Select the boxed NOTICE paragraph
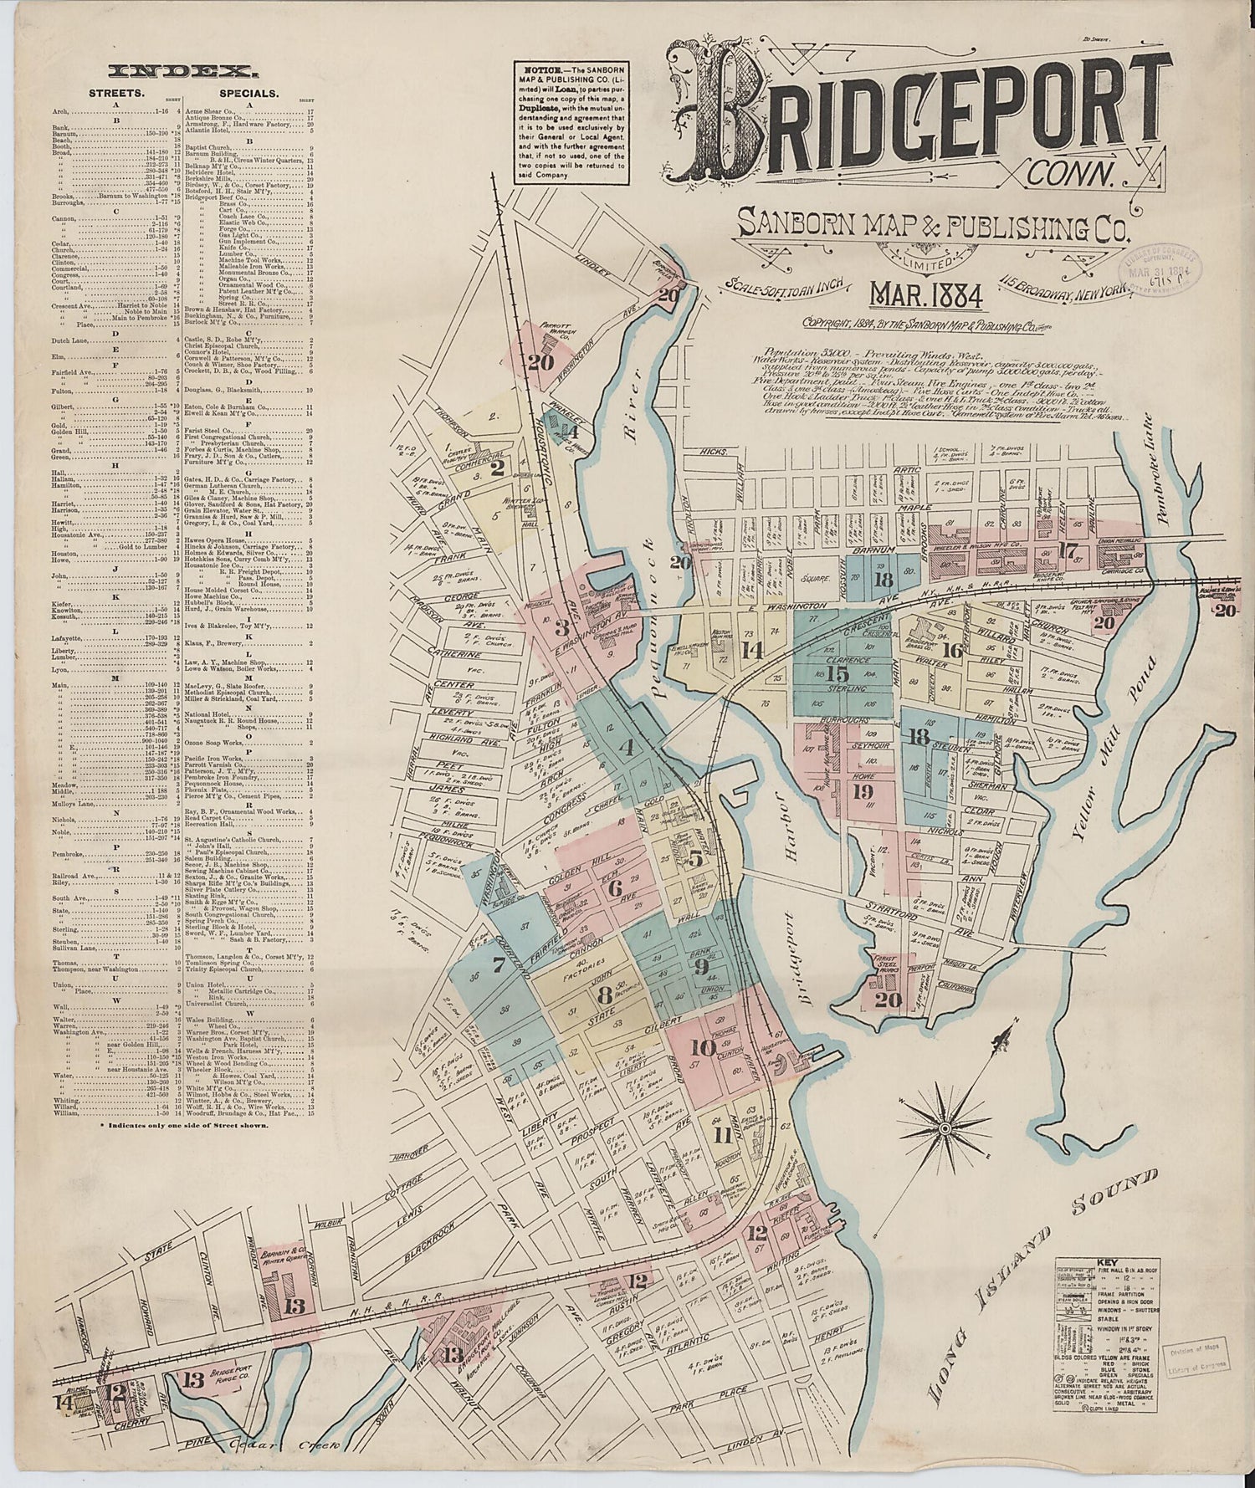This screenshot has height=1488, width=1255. (x=571, y=125)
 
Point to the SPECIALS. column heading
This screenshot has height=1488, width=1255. (x=249, y=94)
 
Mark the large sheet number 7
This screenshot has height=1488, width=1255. (x=499, y=967)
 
